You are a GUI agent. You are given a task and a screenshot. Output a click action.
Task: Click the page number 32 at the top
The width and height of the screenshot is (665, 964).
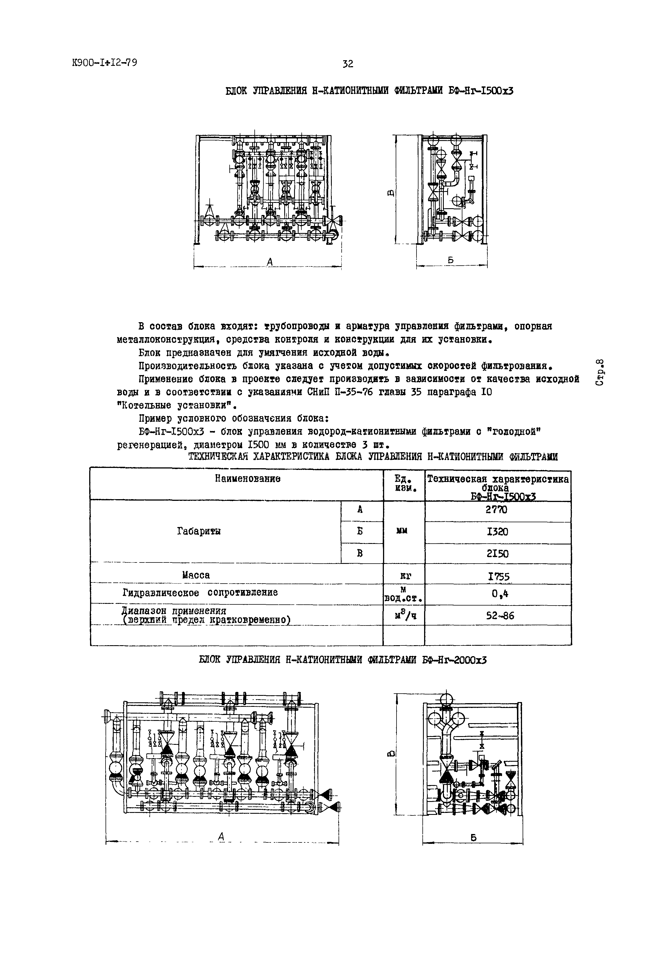pyautogui.click(x=348, y=64)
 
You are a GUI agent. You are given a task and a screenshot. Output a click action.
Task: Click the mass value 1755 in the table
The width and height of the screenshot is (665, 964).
pyautogui.click(x=499, y=576)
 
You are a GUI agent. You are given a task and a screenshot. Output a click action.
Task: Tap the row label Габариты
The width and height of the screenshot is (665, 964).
pyautogui.click(x=199, y=531)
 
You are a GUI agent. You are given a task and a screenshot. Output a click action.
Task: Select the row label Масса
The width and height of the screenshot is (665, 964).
pyautogui.click(x=196, y=575)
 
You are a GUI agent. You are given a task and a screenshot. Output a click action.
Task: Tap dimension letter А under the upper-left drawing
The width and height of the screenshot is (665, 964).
pyautogui.click(x=270, y=262)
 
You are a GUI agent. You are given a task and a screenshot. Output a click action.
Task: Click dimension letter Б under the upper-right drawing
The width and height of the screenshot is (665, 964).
pyautogui.click(x=451, y=260)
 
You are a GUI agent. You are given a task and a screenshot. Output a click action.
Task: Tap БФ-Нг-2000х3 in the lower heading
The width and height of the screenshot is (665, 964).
pyautogui.click(x=454, y=660)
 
